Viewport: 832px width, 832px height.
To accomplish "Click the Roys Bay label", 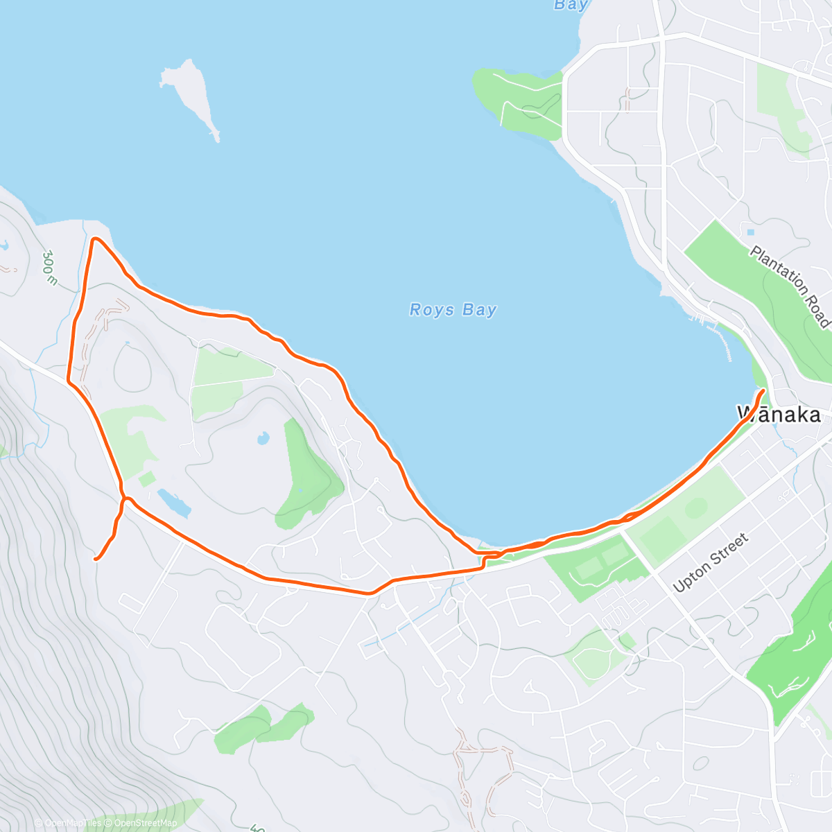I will click(x=453, y=310).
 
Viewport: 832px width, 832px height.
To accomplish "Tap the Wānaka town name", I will click(x=779, y=415).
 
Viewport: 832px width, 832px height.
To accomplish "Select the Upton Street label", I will click(x=711, y=562).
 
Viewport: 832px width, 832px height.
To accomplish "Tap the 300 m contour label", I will click(x=49, y=268).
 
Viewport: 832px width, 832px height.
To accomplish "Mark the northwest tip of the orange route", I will click(x=95, y=239).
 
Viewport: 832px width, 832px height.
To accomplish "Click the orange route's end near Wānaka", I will click(x=763, y=392).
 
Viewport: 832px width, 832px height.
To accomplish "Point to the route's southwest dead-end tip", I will click(x=96, y=558).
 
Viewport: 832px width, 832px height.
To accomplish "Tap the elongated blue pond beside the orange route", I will click(x=173, y=503).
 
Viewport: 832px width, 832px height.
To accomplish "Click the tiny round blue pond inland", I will click(x=263, y=438).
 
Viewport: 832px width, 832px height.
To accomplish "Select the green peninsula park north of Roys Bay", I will click(x=520, y=101).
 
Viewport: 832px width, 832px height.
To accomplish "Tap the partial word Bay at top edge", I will click(x=571, y=5).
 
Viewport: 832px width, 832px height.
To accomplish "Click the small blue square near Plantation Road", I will click(x=750, y=232).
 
